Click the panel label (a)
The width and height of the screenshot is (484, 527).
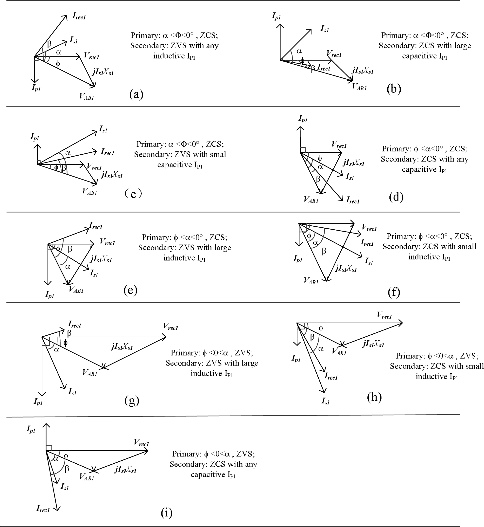tap(136, 94)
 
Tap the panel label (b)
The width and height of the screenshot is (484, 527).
tap(394, 89)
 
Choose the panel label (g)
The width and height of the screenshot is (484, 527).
tap(132, 400)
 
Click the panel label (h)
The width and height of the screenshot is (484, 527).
tap(374, 397)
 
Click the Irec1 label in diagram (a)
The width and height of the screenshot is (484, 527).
tap(79, 16)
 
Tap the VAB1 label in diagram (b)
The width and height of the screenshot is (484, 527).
tap(359, 87)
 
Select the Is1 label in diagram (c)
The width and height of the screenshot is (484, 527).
tap(103, 129)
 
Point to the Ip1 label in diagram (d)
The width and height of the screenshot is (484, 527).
tap(303, 119)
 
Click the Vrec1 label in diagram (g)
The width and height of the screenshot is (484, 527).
tap(171, 327)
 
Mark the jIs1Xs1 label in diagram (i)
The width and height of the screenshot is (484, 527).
tap(125, 469)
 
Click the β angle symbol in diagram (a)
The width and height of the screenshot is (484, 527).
tap(49, 43)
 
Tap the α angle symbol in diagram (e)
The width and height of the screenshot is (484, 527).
tap(68, 267)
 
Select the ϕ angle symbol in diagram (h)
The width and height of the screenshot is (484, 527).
tap(321, 328)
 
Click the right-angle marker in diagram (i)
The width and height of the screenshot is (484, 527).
tap(49, 448)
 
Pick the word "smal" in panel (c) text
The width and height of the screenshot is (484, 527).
tap(218, 154)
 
